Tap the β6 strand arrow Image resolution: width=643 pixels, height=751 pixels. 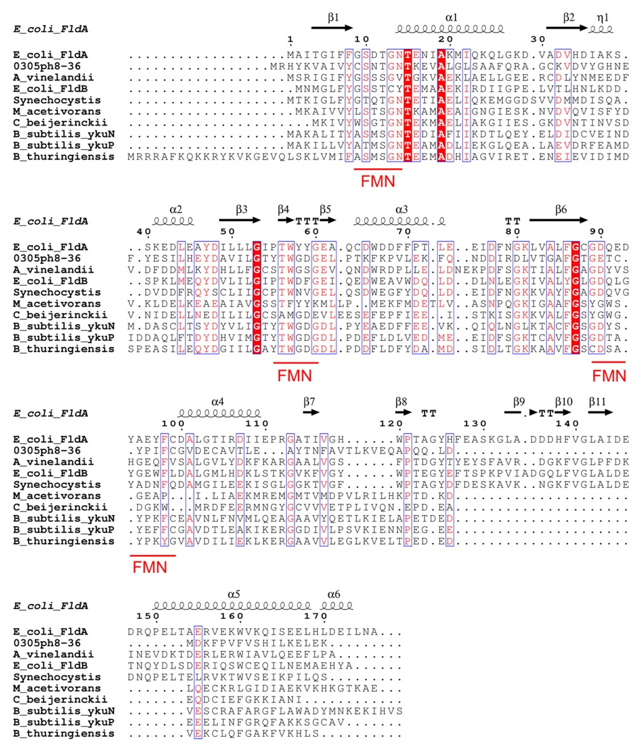pos(558,220)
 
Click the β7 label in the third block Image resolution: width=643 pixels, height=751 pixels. pos(309,402)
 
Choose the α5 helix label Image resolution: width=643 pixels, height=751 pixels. pos(234,594)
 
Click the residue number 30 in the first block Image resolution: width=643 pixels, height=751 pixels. pos(538,39)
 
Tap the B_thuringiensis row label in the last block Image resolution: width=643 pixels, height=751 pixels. pos(64,734)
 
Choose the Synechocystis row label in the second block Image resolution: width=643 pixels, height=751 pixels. pos(57,292)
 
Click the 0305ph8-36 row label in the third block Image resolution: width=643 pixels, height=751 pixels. pos(47,450)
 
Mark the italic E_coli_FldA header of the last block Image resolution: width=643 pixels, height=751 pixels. pos(51,606)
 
